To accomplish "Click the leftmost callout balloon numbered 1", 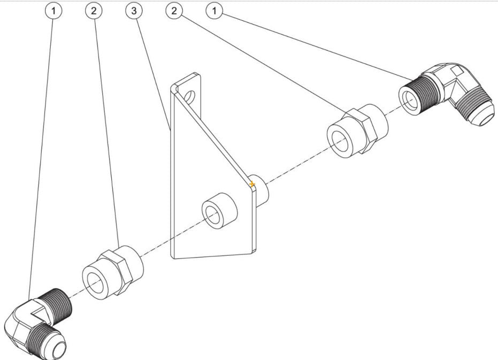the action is (53, 11).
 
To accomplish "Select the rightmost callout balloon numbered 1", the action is (214, 11).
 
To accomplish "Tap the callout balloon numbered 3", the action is (134, 11).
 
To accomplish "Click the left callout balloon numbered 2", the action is (94, 11).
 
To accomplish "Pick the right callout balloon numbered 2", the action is (174, 11).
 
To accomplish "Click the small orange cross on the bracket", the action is (252, 184).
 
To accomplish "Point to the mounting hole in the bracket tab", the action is (191, 96).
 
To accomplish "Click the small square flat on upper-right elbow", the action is (457, 71).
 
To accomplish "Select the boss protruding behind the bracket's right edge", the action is (262, 190).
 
